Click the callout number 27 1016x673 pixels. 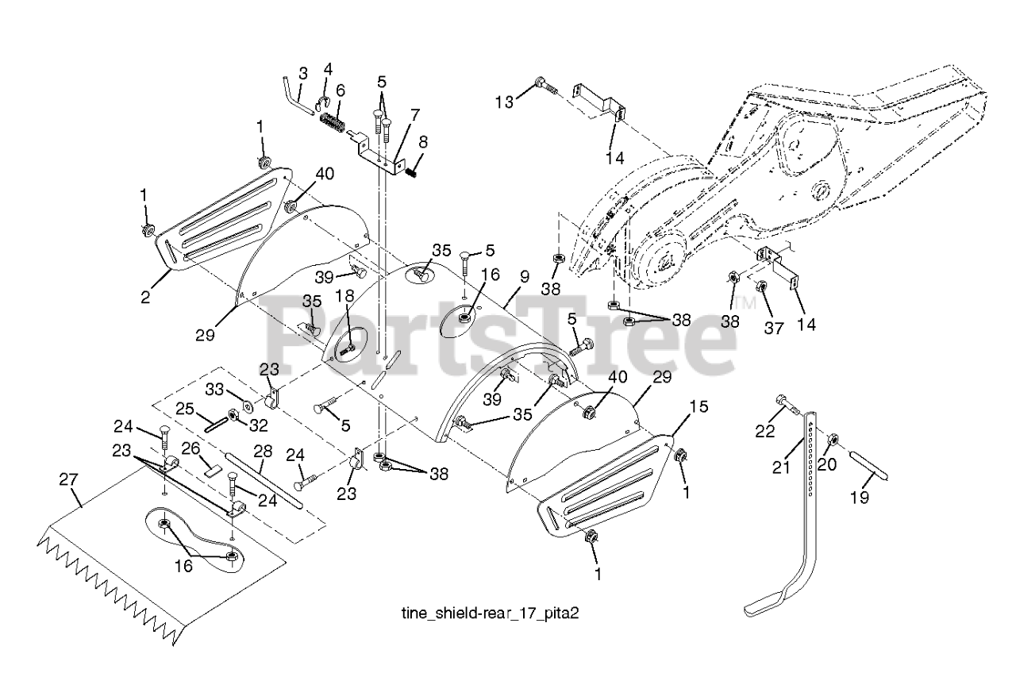(x=69, y=479)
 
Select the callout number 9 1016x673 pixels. (x=524, y=279)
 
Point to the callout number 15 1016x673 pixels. (x=698, y=407)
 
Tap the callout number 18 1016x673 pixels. (x=346, y=296)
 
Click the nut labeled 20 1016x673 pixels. (x=833, y=439)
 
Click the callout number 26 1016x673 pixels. (x=190, y=449)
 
